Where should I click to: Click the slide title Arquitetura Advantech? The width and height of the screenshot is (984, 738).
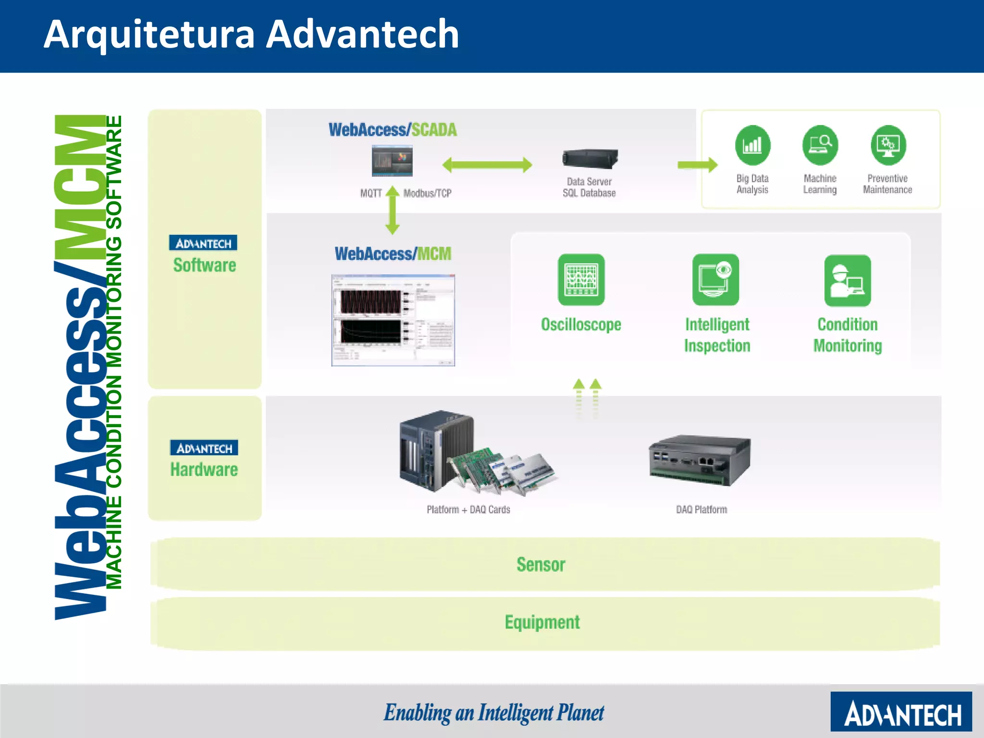pyautogui.click(x=251, y=35)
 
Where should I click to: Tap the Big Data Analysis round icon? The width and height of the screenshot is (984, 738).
pyautogui.click(x=752, y=145)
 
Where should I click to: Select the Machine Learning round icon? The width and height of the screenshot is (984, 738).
pyautogui.click(x=820, y=145)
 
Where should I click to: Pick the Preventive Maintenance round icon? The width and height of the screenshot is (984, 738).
pyautogui.click(x=888, y=145)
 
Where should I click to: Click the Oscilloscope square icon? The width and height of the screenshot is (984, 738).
pyautogui.click(x=581, y=280)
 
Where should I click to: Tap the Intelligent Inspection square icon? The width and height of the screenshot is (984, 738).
pyautogui.click(x=715, y=280)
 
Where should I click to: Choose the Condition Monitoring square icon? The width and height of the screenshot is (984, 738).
pyautogui.click(x=848, y=281)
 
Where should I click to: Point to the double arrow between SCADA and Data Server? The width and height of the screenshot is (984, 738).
pyautogui.click(x=487, y=165)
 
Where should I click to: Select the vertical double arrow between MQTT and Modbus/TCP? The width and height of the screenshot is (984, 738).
pyautogui.click(x=393, y=210)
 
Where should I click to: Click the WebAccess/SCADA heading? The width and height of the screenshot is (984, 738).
pyautogui.click(x=393, y=130)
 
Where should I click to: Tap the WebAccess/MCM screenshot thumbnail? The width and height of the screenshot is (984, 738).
pyautogui.click(x=393, y=320)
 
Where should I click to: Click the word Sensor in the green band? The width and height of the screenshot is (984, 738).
pyautogui.click(x=541, y=565)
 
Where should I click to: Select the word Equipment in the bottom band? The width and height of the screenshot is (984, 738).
pyautogui.click(x=542, y=623)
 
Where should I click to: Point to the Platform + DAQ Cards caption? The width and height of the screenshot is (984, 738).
pyautogui.click(x=468, y=510)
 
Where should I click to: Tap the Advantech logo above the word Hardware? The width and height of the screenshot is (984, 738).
pyautogui.click(x=204, y=448)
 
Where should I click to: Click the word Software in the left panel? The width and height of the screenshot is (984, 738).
pyautogui.click(x=205, y=265)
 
